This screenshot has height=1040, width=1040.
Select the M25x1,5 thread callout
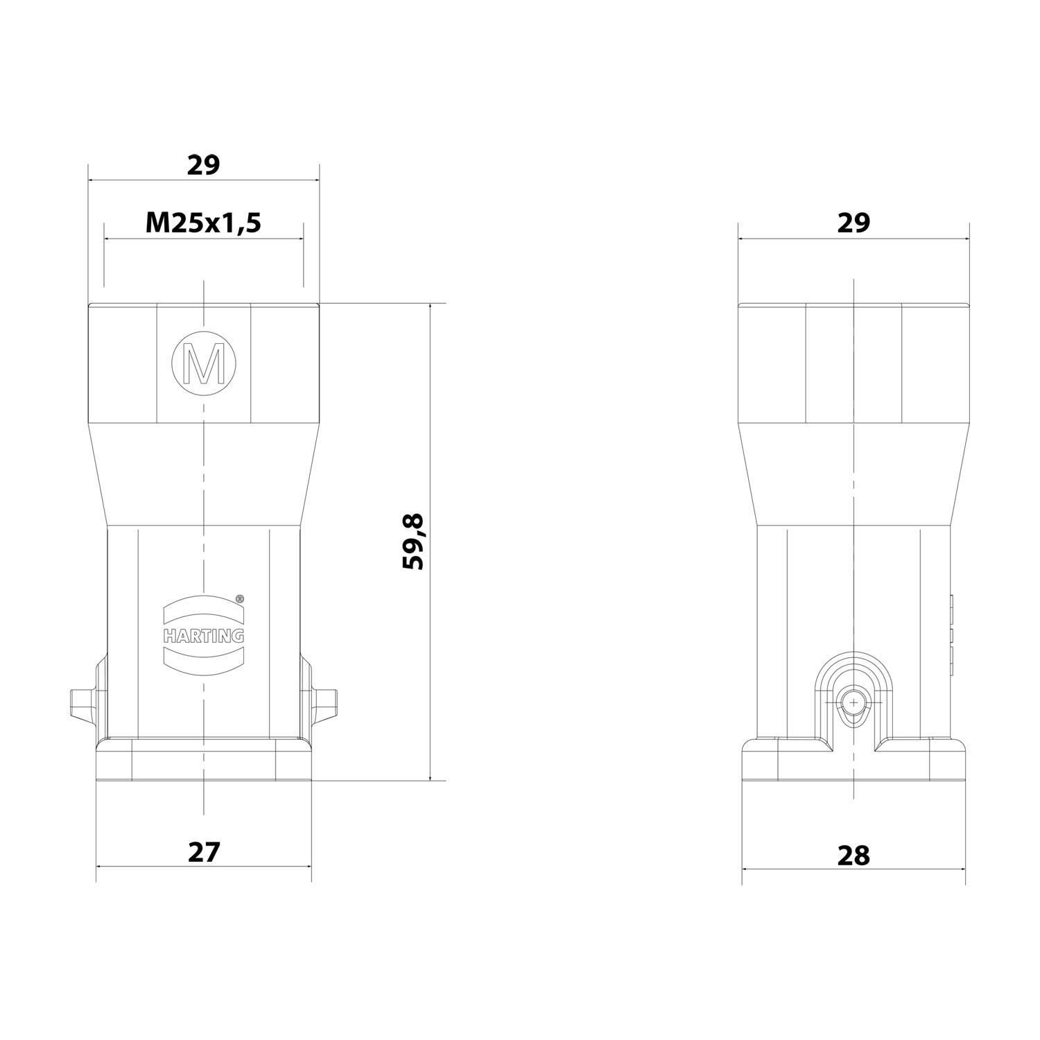(203, 223)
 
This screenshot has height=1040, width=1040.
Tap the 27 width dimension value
(204, 852)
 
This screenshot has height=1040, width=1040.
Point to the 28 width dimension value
(853, 856)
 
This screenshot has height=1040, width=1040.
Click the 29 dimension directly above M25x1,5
(203, 165)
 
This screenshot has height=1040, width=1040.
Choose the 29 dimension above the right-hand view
(853, 223)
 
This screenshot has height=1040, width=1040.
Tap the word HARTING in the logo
(204, 635)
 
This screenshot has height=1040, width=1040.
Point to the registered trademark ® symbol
(239, 598)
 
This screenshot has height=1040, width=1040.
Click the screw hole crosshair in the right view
(853, 704)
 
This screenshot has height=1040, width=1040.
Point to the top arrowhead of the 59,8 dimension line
(431, 308)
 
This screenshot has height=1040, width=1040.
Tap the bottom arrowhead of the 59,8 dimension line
(431, 777)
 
